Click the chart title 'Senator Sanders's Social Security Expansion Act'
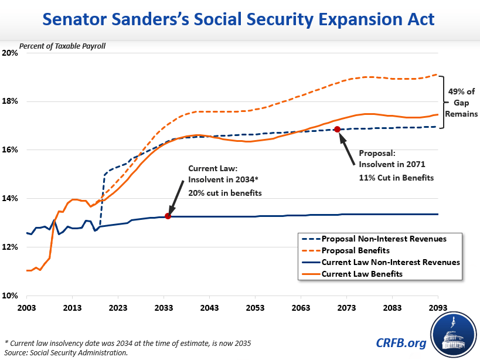(240, 19)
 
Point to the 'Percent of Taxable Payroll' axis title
(62, 46)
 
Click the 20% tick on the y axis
(11, 53)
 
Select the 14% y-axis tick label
(11, 199)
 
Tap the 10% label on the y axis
(11, 296)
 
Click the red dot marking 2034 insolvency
(168, 216)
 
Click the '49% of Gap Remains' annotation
(460, 102)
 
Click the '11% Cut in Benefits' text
(396, 178)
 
